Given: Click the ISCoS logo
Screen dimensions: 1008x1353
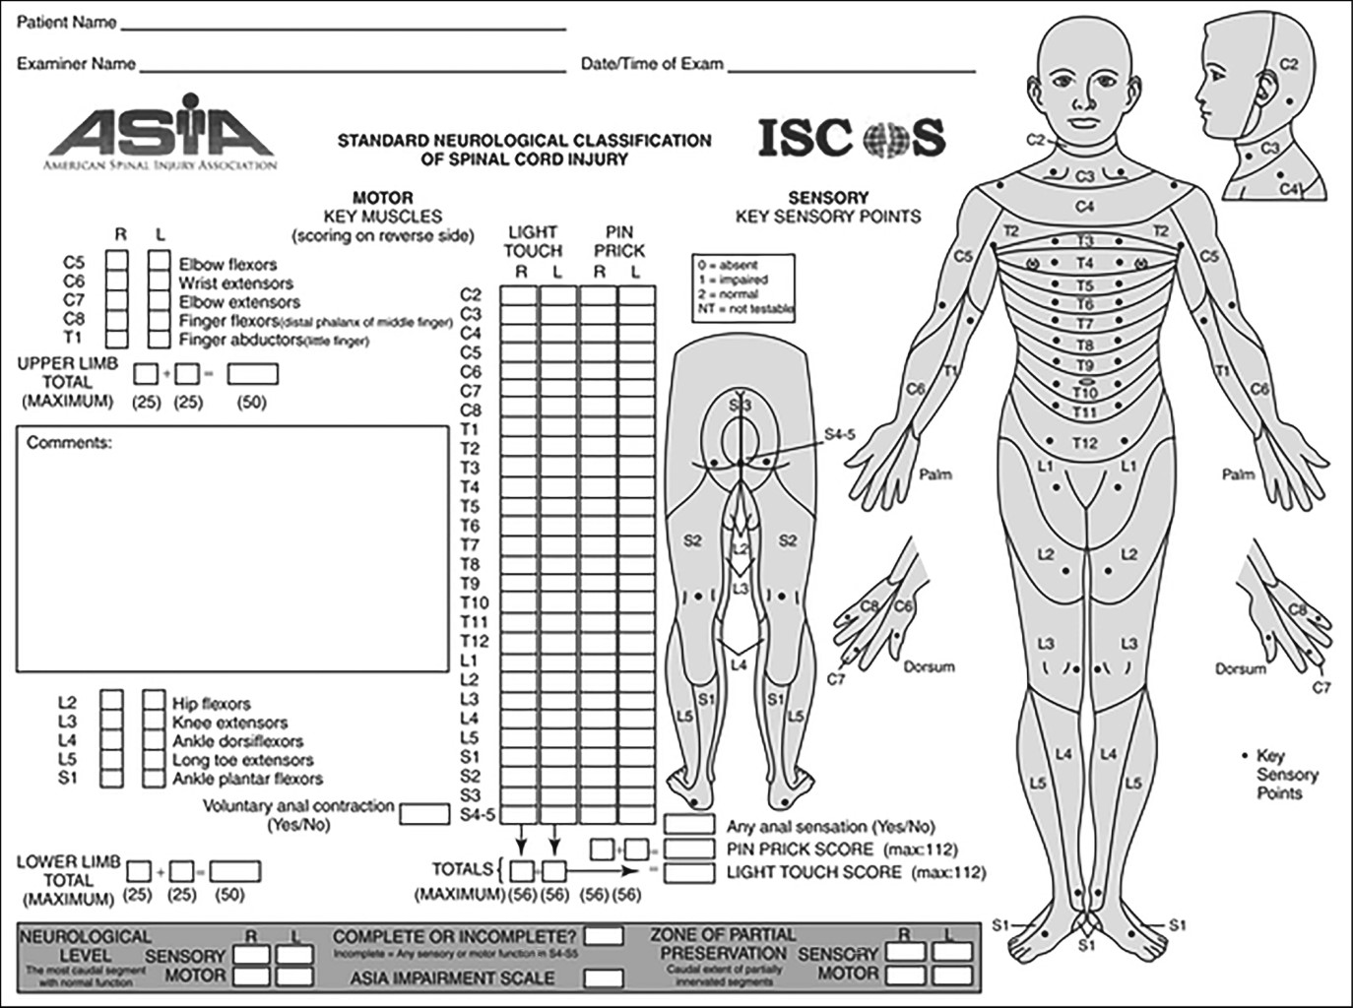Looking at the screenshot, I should point(851,138).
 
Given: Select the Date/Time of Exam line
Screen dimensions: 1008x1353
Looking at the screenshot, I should point(851,69).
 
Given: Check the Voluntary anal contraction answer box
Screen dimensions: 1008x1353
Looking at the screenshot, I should point(424,814).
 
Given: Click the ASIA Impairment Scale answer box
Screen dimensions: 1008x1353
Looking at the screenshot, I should point(603,978).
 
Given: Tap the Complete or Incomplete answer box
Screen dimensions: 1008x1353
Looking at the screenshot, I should point(603,935).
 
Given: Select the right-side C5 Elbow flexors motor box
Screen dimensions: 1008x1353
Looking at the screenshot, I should point(117,263).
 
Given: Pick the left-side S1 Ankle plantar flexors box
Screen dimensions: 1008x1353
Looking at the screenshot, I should point(153,779).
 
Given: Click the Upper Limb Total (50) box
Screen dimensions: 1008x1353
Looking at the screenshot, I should point(252,374).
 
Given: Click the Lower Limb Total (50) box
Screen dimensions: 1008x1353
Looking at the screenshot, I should point(234,872).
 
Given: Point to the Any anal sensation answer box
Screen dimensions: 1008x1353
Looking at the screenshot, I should point(689,825).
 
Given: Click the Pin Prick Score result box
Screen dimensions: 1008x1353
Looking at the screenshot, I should point(689,849).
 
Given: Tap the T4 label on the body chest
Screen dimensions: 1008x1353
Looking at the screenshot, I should point(1084,263).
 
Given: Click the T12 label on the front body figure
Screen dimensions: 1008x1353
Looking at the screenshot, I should point(1084,443).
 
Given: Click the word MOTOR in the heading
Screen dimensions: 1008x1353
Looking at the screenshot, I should point(382,198).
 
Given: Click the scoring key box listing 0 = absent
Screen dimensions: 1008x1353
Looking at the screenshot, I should point(743,286).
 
